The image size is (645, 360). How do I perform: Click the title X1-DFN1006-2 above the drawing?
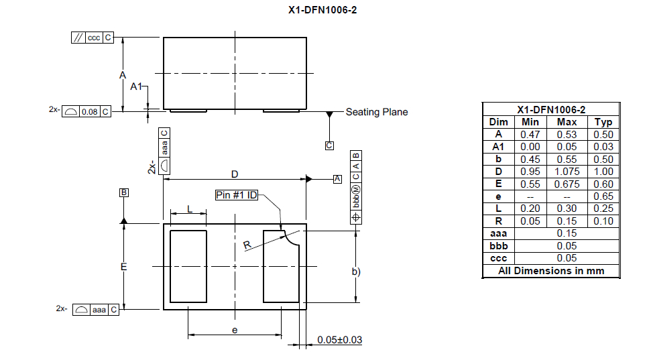click(322, 10)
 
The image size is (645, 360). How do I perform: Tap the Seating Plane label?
click(377, 112)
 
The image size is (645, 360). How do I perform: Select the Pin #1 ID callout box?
click(237, 195)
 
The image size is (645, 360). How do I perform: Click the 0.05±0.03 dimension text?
click(340, 340)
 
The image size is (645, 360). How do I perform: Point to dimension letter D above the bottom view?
click(235, 174)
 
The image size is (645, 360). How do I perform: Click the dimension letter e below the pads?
click(235, 330)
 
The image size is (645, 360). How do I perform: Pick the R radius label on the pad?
click(247, 245)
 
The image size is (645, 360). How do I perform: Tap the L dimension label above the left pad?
click(190, 209)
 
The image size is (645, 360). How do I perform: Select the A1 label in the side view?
click(135, 86)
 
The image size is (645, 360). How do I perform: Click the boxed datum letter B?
click(123, 192)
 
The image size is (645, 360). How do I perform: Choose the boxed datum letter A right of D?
click(337, 179)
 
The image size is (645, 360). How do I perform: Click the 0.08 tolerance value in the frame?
click(89, 112)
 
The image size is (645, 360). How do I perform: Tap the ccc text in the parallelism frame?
click(94, 38)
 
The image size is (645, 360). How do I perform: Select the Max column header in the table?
click(567, 122)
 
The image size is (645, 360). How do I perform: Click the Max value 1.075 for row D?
click(567, 172)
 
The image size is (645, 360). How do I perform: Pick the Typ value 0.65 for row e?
click(603, 196)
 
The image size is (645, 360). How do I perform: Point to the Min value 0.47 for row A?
click(530, 135)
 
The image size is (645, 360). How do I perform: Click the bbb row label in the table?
click(499, 246)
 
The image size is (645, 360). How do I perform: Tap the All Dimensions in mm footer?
click(551, 271)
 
